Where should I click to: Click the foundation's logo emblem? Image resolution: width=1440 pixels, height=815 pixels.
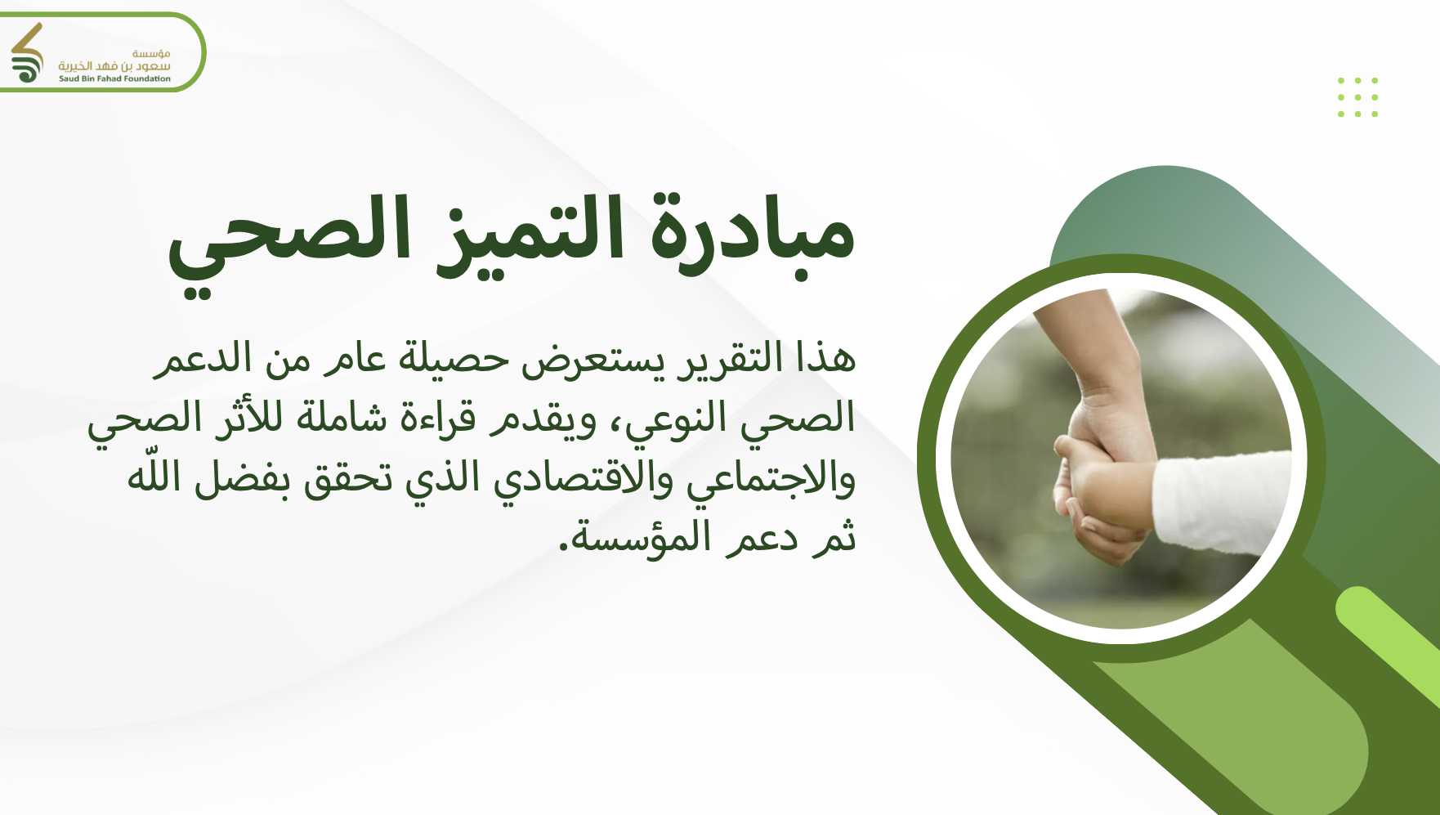[27, 53]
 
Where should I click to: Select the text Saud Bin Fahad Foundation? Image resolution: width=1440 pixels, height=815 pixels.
[114, 79]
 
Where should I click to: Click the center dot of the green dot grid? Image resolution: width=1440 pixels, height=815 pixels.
[1357, 97]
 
